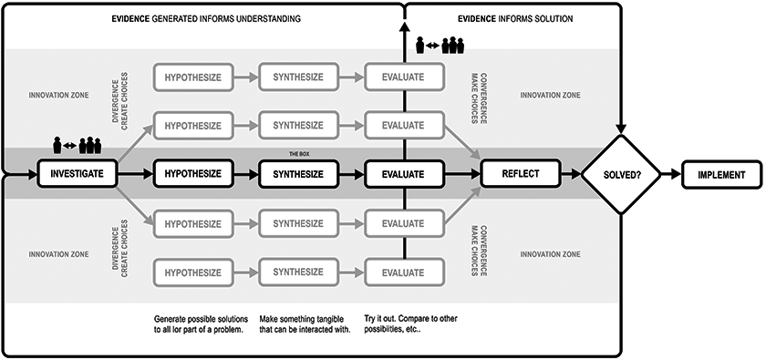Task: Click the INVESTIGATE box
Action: click(78, 173)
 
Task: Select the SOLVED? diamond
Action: click(620, 174)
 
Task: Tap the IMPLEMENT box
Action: click(721, 174)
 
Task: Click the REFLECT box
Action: click(521, 173)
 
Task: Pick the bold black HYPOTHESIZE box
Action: click(192, 173)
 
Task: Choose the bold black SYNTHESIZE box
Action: click(298, 173)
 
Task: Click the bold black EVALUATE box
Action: click(403, 173)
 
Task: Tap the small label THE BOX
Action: click(297, 154)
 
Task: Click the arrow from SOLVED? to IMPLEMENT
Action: click(671, 174)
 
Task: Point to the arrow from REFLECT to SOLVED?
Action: click(571, 174)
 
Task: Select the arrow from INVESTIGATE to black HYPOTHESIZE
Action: click(135, 173)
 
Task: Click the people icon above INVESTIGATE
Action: click(77, 145)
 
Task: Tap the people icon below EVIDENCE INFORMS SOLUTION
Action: click(440, 45)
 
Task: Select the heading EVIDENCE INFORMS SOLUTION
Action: click(515, 19)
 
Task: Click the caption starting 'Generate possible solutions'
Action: click(201, 324)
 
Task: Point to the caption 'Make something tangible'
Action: click(305, 324)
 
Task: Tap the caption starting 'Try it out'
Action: click(411, 324)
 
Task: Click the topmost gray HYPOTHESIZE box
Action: click(192, 77)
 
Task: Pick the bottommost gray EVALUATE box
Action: click(403, 273)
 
